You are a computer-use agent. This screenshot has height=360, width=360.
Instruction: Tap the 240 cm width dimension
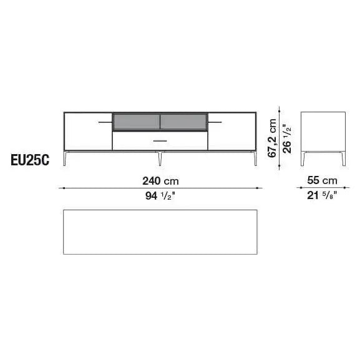(161, 180)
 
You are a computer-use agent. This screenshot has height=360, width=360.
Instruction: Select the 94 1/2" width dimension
(161, 196)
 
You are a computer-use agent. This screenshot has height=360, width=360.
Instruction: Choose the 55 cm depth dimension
(321, 180)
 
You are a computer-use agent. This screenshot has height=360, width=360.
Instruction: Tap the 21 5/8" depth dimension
(321, 196)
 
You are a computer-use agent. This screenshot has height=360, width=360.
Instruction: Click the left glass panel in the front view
(136, 122)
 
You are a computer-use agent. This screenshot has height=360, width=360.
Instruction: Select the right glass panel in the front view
(183, 122)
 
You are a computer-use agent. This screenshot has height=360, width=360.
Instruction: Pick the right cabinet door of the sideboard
(232, 131)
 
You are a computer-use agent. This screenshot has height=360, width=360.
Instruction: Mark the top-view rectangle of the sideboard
(160, 231)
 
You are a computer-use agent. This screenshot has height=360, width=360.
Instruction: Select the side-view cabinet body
(323, 131)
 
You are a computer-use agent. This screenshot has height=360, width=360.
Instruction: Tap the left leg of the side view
(304, 158)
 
